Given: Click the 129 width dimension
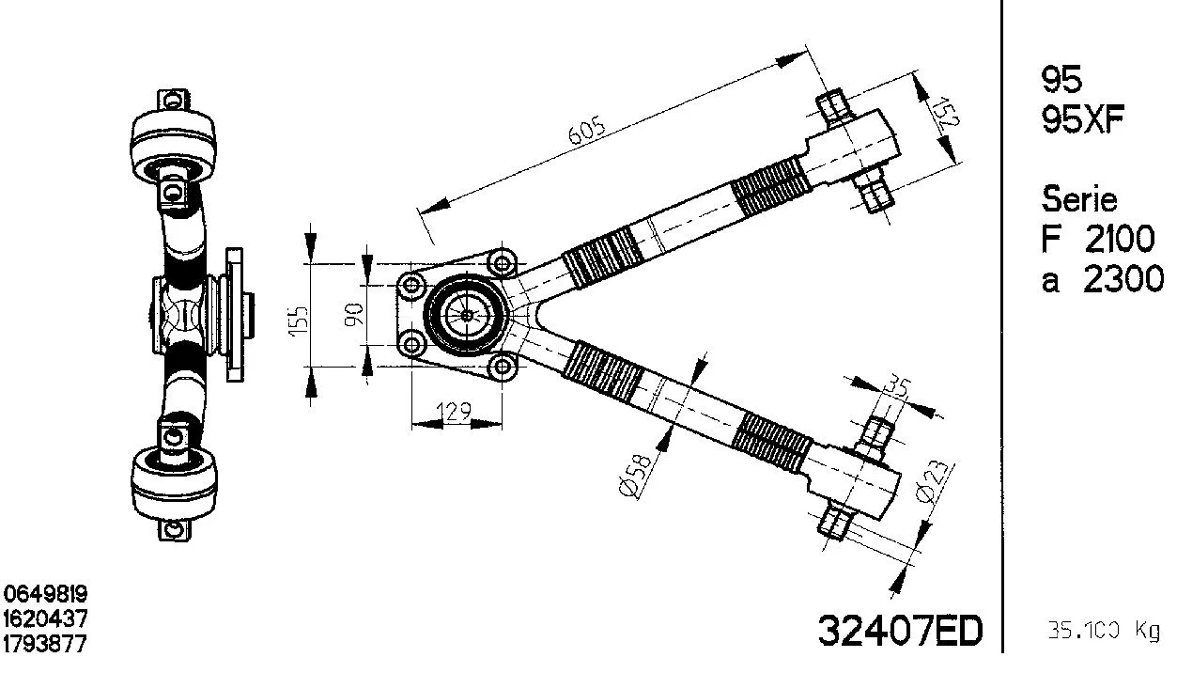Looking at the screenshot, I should pos(454,410).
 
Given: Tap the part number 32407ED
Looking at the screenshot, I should pos(899,631).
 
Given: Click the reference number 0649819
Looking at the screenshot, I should pos(46,594).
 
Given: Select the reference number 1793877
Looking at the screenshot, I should pos(46,645).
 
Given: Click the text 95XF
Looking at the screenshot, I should pos(1082,120).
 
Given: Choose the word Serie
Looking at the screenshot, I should pos(1079,199).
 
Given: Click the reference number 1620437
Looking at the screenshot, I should pos(46,619).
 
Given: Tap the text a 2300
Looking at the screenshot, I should pos(1101,280).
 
